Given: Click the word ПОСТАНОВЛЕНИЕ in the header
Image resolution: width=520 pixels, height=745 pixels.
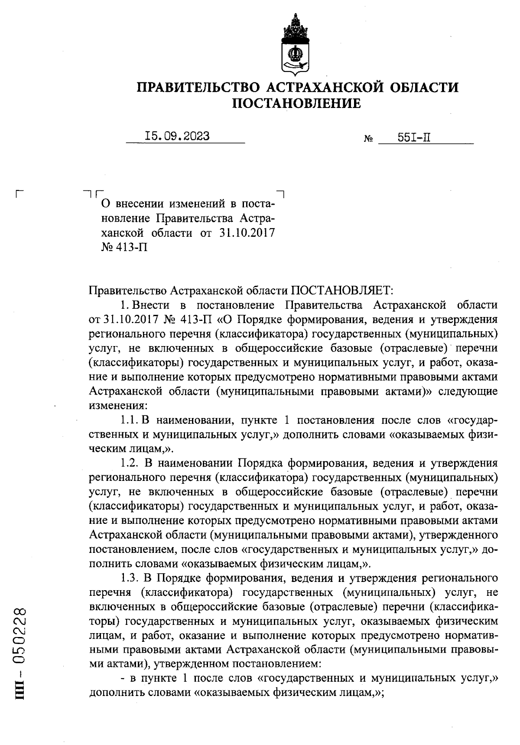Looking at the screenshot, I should (297, 104).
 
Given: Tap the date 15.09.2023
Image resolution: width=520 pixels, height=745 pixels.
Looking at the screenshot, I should (177, 136).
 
